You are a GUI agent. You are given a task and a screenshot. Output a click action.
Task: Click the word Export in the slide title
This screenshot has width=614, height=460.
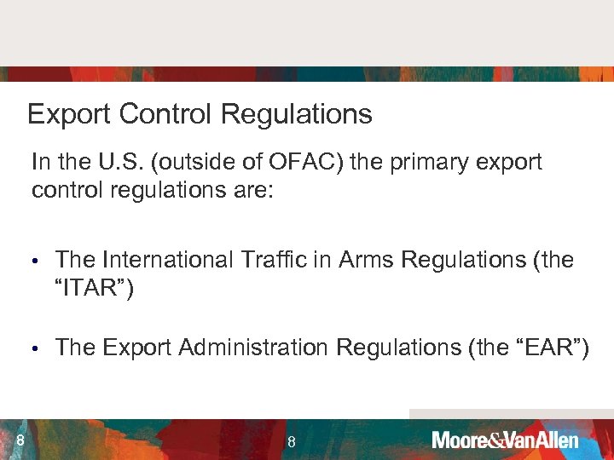coord(62,114)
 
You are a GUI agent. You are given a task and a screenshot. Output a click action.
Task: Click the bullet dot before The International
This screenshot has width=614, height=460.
coord(36,260)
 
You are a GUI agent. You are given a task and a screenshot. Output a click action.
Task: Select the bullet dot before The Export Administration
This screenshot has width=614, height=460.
coord(36,348)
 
